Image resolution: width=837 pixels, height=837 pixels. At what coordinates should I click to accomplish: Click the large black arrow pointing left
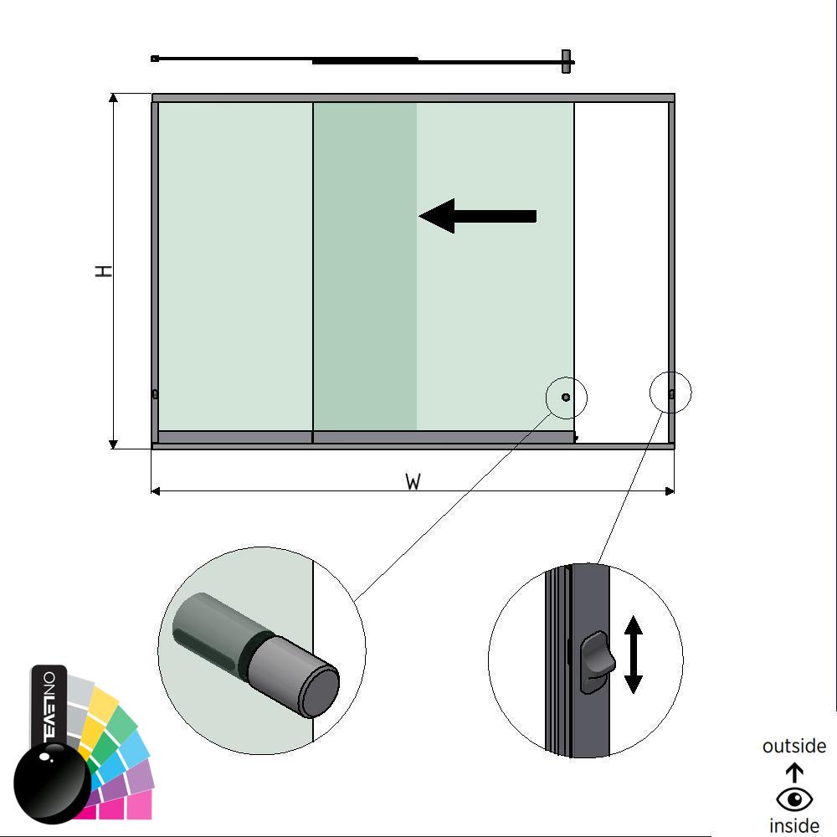477,216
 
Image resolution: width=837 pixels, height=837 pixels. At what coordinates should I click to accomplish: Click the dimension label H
104,271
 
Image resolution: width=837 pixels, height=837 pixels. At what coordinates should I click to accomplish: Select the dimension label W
413,482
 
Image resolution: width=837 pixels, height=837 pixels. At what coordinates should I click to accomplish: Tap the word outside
793,746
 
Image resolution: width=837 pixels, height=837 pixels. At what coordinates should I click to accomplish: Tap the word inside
793,826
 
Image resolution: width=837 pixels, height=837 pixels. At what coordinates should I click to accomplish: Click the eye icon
793,800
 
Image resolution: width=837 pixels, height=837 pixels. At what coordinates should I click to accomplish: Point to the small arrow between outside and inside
794,773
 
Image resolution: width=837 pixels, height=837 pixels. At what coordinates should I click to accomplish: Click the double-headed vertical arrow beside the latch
634,655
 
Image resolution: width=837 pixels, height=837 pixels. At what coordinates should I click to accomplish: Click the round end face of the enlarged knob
321,692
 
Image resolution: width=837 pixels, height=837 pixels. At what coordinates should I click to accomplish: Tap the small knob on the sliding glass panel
566,397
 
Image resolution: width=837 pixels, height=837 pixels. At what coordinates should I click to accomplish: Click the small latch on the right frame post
671,393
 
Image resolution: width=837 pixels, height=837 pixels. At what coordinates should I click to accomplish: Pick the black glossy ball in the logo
52,783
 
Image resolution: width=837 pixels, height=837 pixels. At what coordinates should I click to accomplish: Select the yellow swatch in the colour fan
101,707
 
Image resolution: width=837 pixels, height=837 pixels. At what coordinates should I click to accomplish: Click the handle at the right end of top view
567,61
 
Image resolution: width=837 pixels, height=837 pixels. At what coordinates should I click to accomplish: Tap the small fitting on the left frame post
155,394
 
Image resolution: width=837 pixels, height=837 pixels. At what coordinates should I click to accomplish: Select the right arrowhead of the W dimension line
670,491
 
